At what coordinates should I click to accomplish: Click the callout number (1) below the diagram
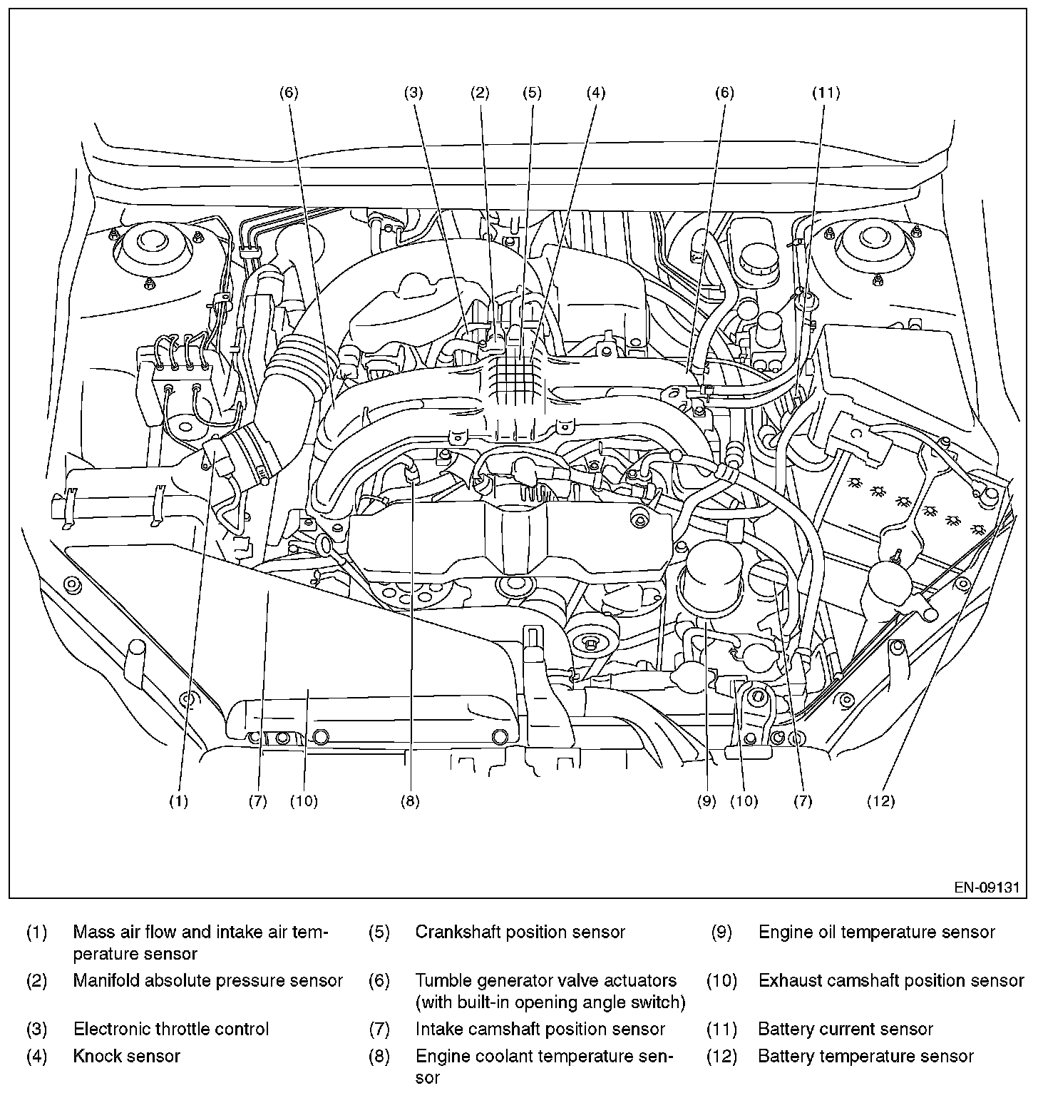tap(178, 801)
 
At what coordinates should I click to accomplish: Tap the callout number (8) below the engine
tap(410, 801)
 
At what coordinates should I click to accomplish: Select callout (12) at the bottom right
tap(880, 801)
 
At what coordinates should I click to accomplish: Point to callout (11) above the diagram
tap(826, 92)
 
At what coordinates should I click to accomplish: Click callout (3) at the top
tap(413, 92)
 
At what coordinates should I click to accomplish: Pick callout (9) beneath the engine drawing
tap(706, 801)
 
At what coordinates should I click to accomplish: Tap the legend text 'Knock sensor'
tap(126, 1055)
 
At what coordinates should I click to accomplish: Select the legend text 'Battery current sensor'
tap(846, 1029)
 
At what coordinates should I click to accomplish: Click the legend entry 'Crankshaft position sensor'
tap(520, 932)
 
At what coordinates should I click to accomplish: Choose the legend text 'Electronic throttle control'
tap(171, 1029)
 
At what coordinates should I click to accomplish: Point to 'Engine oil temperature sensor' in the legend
tap(876, 932)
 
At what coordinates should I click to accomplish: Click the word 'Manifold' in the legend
tap(104, 980)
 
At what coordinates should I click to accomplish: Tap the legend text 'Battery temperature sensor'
tap(865, 1055)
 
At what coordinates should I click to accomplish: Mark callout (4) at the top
tap(596, 92)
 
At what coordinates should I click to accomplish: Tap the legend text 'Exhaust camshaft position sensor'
tap(891, 980)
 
